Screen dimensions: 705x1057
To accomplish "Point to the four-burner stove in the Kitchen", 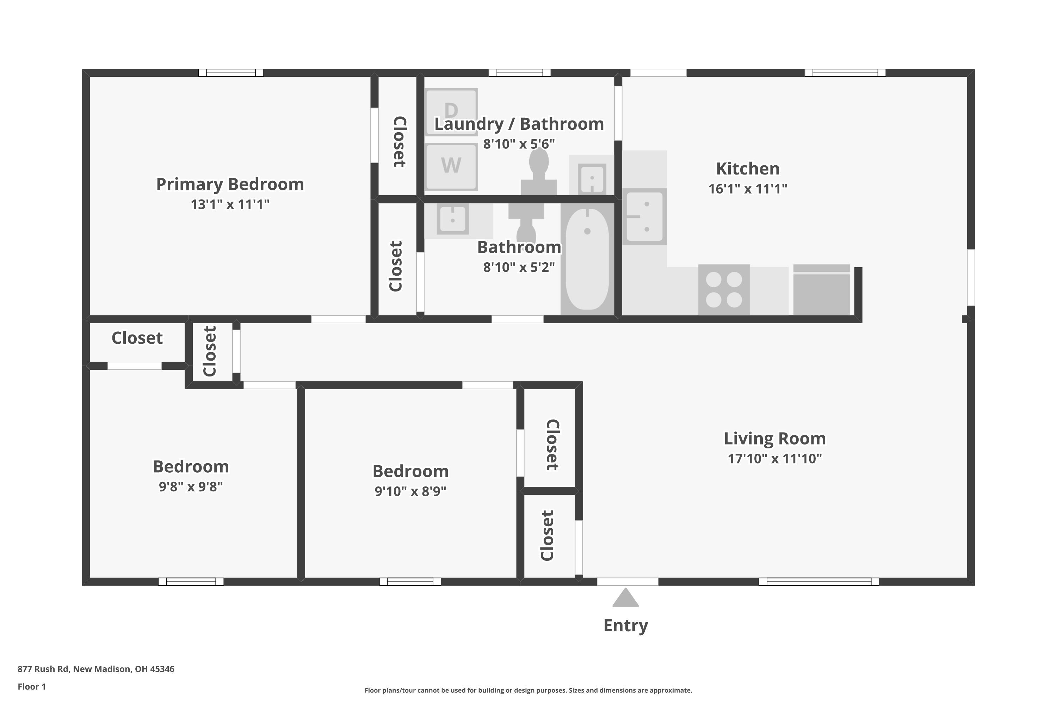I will click(724, 289).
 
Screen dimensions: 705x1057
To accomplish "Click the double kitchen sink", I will click(644, 217).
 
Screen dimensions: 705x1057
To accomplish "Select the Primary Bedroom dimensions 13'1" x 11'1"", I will click(230, 204).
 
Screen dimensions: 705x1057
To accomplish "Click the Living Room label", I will click(774, 439).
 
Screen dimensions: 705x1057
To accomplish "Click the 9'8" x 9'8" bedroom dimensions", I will click(191, 486).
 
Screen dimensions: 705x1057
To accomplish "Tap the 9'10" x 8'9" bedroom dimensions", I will click(410, 491).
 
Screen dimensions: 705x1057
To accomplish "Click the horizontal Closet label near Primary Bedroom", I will click(137, 338).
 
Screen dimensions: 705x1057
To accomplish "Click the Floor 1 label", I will click(31, 687).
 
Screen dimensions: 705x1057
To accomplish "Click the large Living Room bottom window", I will click(818, 581).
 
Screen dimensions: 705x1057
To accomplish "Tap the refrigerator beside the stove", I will click(822, 290).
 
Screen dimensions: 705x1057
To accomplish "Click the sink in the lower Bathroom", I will click(452, 219).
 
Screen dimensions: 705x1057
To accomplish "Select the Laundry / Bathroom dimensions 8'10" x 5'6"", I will click(519, 144).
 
